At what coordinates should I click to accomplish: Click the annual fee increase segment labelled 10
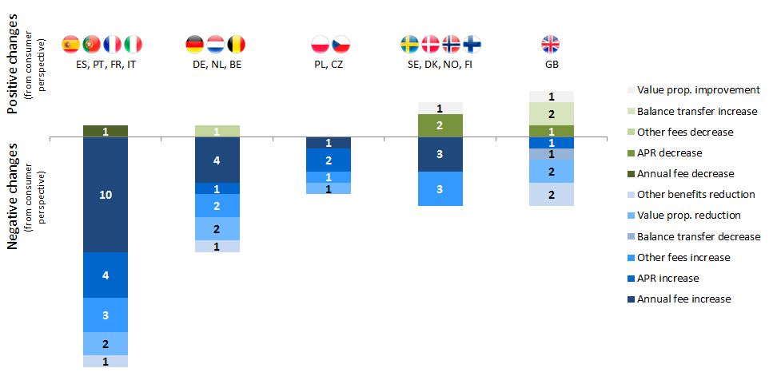pyautogui.click(x=106, y=195)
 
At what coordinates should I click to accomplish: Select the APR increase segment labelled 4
pyautogui.click(x=106, y=275)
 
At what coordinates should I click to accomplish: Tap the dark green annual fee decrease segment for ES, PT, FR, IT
pyautogui.click(x=106, y=131)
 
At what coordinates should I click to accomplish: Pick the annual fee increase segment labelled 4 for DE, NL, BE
pyautogui.click(x=217, y=160)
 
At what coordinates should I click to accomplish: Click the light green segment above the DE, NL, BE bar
pyautogui.click(x=217, y=131)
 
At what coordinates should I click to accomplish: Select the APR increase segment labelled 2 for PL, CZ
pyautogui.click(x=329, y=160)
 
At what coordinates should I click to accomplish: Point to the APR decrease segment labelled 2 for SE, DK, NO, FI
pyautogui.click(x=440, y=125)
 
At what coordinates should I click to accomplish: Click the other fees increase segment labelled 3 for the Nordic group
pyautogui.click(x=440, y=188)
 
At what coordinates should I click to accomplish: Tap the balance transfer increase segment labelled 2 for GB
pyautogui.click(x=552, y=113)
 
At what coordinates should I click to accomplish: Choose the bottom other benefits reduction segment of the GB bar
pyautogui.click(x=552, y=194)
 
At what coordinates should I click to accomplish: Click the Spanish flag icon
pyautogui.click(x=71, y=44)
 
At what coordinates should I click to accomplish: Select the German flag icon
pyautogui.click(x=195, y=44)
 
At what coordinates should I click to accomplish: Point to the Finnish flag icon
pyautogui.click(x=472, y=44)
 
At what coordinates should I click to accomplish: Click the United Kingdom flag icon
pyautogui.click(x=551, y=44)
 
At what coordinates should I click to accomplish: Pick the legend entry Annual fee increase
pyautogui.click(x=684, y=299)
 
